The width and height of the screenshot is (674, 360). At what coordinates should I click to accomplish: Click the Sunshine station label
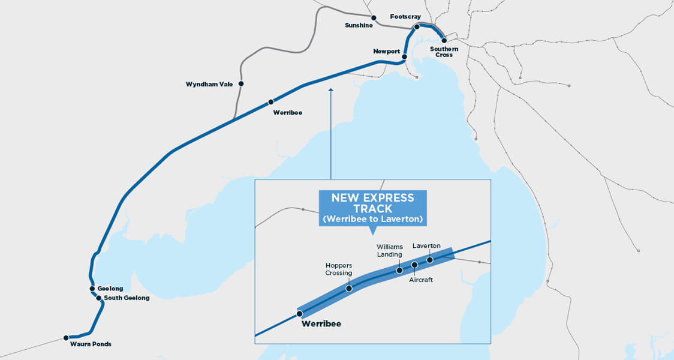pos(359,25)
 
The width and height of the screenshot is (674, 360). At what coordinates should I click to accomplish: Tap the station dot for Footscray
pos(417,27)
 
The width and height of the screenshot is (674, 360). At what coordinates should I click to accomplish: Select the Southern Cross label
pos(444,52)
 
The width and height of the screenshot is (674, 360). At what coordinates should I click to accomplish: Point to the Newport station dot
pos(404,57)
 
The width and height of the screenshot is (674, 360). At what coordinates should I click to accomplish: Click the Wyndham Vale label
pos(209,84)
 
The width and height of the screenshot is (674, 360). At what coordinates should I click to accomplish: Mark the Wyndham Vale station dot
pos(241,84)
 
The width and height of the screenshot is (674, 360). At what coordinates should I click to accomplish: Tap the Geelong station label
pos(110,289)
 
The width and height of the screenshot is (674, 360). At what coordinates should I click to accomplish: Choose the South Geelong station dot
pos(99,298)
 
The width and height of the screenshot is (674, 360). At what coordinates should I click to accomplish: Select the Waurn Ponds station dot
pos(66,338)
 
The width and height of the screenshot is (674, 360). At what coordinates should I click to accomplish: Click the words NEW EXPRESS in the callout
pos(372,197)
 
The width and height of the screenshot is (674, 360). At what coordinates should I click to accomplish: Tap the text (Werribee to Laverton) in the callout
pos(372,220)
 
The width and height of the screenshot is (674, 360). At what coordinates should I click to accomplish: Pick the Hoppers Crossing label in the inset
pos(339,269)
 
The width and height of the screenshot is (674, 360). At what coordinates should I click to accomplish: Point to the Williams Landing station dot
pos(399,271)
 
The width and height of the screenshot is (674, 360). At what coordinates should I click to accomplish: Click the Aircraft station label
pos(421,280)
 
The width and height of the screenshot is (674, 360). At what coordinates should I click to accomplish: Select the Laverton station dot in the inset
pos(430,260)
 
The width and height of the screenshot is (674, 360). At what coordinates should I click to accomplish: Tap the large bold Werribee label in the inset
pos(321,324)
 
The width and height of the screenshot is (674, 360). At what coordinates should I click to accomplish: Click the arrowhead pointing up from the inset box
pos(330,90)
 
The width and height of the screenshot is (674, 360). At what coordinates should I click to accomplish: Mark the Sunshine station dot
pos(374,17)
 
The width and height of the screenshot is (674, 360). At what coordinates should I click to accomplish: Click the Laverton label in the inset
pos(426,246)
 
